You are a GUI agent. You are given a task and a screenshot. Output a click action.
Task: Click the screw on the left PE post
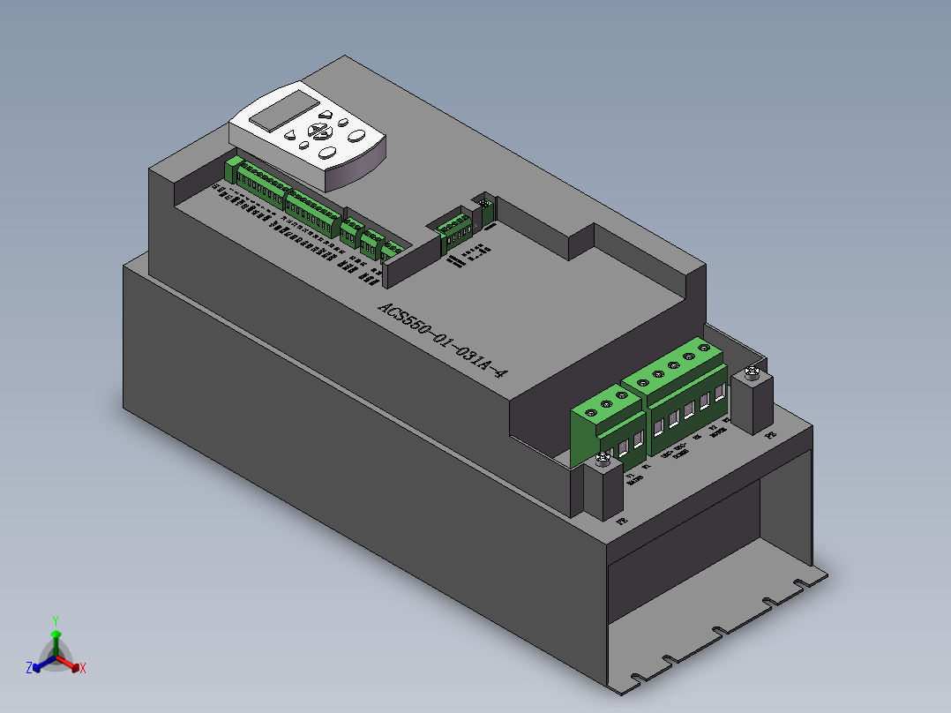click(603, 457)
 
